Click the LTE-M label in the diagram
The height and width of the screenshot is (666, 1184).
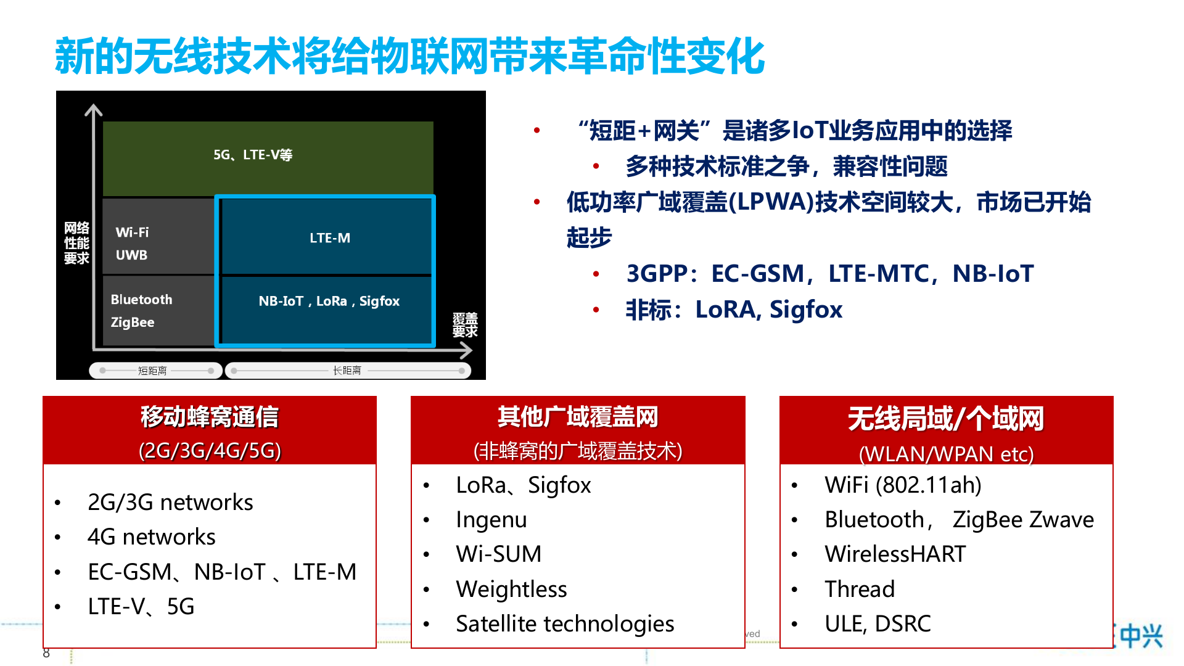330,238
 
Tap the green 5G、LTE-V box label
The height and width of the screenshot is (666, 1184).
253,155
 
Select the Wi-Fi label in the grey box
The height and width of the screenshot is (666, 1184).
132,232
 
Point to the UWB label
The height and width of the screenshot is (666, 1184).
131,255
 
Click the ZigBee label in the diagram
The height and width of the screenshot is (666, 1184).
133,323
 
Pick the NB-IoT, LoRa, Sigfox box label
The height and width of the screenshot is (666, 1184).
329,302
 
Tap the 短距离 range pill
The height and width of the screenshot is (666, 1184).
155,371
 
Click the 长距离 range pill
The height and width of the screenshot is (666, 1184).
348,371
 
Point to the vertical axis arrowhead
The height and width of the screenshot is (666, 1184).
93,110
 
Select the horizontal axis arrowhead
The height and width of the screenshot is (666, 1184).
466,351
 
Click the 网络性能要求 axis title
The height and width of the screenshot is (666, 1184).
76,244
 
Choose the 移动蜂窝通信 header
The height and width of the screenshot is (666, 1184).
210,417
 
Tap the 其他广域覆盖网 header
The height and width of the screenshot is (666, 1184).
578,417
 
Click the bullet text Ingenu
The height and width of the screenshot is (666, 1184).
491,520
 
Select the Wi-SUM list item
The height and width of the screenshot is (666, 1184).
499,554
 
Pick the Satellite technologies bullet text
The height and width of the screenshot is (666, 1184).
565,624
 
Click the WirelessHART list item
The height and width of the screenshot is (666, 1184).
895,554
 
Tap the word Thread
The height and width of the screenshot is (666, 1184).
860,590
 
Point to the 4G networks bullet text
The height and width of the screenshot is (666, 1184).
152,537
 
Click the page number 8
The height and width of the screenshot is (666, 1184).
46,653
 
